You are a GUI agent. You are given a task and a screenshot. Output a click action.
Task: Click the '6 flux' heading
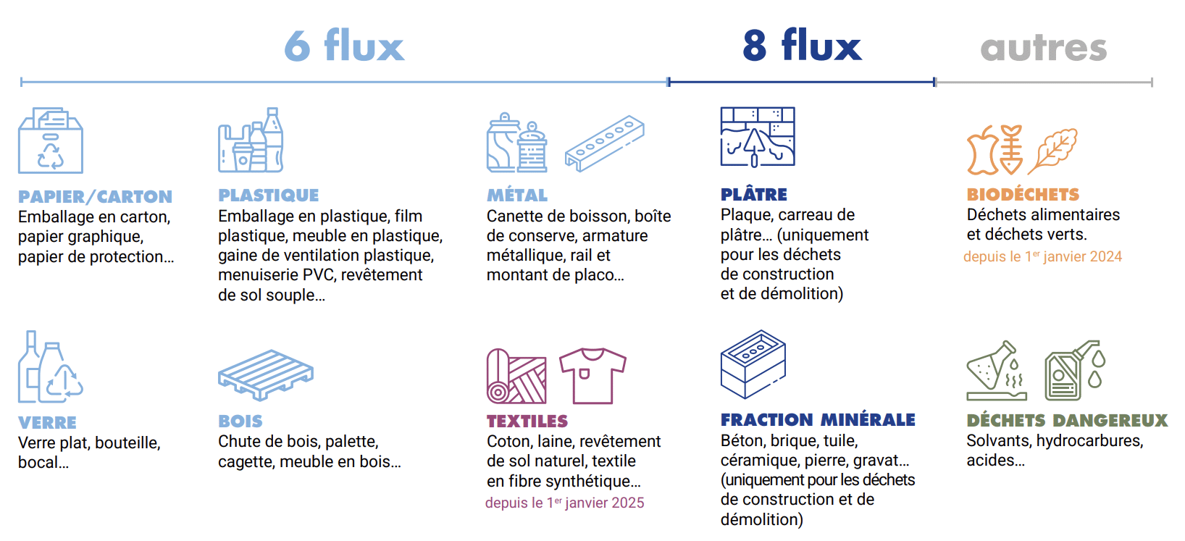coord(343,46)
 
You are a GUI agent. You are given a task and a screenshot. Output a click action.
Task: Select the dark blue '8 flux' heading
coord(802,46)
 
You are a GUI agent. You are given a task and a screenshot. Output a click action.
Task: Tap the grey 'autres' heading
coord(1043,49)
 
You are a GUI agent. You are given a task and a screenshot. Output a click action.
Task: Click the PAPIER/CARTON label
coord(95,196)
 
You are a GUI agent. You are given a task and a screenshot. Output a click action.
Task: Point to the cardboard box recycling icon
coord(50,141)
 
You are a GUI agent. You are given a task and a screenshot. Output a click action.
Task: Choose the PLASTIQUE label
coord(268,195)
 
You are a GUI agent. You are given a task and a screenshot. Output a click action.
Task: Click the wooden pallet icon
coord(265,374)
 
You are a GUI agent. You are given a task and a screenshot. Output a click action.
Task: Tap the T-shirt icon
coord(592,375)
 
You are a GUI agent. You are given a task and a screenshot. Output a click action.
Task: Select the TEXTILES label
coord(527,421)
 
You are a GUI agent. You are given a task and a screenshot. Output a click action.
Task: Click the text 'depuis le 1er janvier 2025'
coord(564,503)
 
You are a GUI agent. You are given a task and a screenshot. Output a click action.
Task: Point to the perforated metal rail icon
coord(604,143)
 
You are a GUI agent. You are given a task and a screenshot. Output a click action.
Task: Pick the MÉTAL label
coord(516,195)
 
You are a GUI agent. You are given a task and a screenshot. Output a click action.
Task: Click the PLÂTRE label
coord(753,194)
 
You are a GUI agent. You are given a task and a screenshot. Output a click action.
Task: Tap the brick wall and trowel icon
coord(757,137)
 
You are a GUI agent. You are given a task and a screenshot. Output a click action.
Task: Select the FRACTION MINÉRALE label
coord(817,419)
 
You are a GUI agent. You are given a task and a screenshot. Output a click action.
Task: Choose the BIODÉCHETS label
coord(1022,194)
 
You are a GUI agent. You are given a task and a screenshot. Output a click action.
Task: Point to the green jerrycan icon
coord(1066,374)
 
